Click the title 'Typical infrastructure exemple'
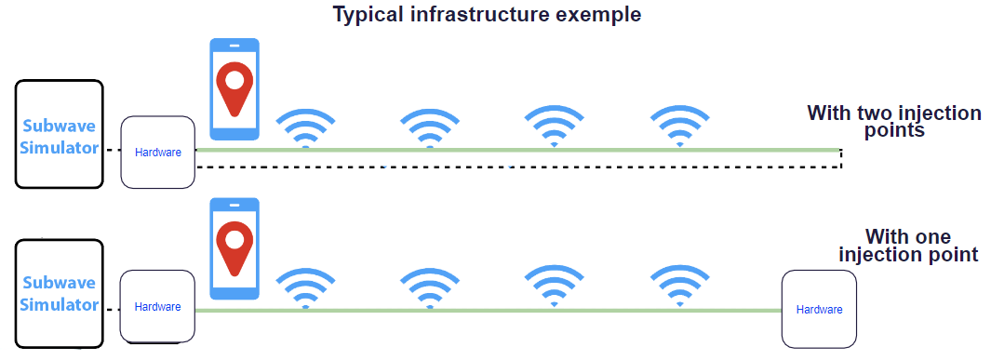pos(489,15)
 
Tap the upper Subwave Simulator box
pos(60,134)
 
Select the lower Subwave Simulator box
pos(60,292)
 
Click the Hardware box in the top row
pos(157,152)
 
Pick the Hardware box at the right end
pos(819,309)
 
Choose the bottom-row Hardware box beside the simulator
pos(157,306)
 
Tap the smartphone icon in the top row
pos(234,88)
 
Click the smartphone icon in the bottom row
pos(234,247)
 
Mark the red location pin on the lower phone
pos(234,245)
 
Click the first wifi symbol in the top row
pos(305,128)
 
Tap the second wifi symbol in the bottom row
pos(429,287)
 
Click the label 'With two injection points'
pos(893,122)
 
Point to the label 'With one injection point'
pos(908,246)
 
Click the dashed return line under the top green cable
pos(521,167)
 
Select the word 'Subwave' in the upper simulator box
pos(60,126)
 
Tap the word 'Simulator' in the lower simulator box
pos(60,304)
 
